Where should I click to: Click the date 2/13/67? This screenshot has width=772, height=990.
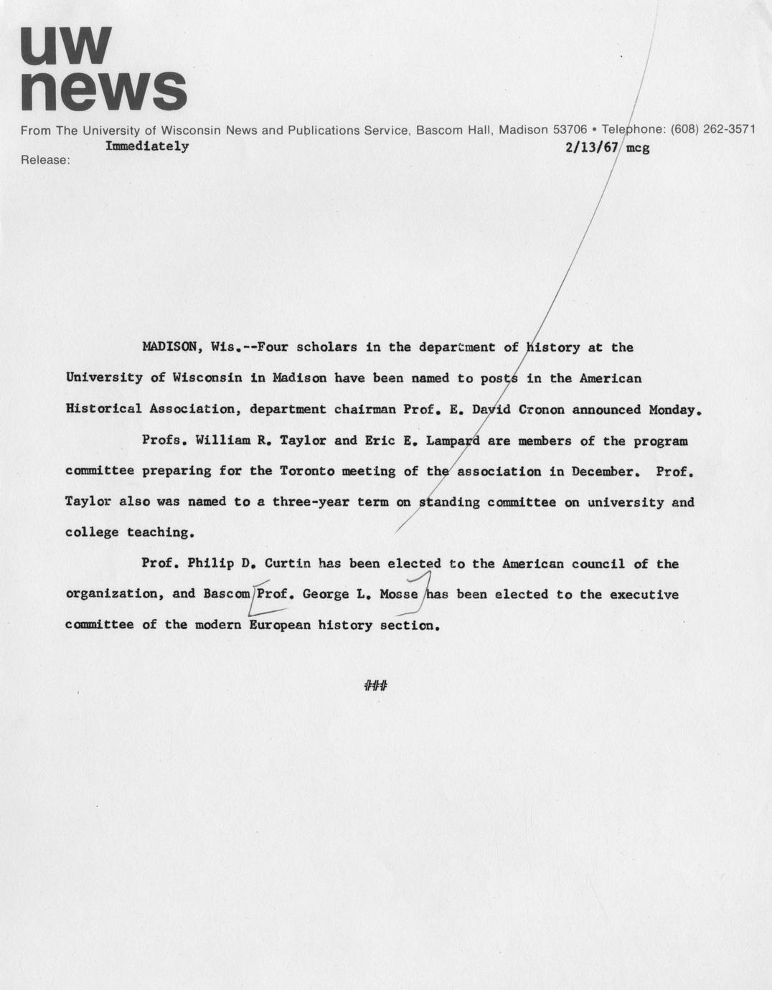[x=592, y=148]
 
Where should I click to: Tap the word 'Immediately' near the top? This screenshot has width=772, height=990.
[x=147, y=146]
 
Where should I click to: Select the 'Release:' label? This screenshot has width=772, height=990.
[x=45, y=160]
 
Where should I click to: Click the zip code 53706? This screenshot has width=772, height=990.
[x=570, y=130]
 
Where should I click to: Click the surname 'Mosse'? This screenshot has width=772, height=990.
[x=398, y=595]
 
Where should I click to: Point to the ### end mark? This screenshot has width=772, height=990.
[x=376, y=687]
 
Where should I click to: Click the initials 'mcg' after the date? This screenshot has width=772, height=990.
[x=638, y=148]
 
